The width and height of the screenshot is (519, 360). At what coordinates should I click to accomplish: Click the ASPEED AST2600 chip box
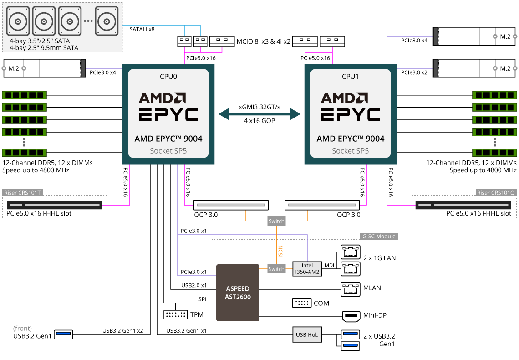point(237,293)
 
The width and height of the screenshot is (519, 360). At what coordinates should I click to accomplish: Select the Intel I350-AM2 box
point(307,269)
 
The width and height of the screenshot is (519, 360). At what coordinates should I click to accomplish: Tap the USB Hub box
point(307,335)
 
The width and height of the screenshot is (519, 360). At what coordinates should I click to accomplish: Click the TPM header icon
point(175,314)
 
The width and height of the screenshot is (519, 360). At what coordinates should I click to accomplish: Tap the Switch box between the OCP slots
point(276,221)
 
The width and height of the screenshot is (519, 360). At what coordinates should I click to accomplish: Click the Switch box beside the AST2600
point(276,269)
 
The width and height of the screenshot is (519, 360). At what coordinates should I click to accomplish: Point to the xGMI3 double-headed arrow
point(259,114)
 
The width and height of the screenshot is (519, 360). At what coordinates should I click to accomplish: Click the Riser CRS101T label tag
point(23,192)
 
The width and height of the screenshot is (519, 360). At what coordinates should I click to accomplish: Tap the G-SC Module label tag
point(378,237)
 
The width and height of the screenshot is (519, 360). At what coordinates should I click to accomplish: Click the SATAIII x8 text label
point(142,29)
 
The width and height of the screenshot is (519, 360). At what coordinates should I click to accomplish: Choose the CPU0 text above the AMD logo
point(168,77)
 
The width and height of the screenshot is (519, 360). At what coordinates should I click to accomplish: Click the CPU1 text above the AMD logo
point(350,77)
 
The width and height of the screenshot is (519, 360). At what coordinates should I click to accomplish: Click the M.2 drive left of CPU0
point(45,68)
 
